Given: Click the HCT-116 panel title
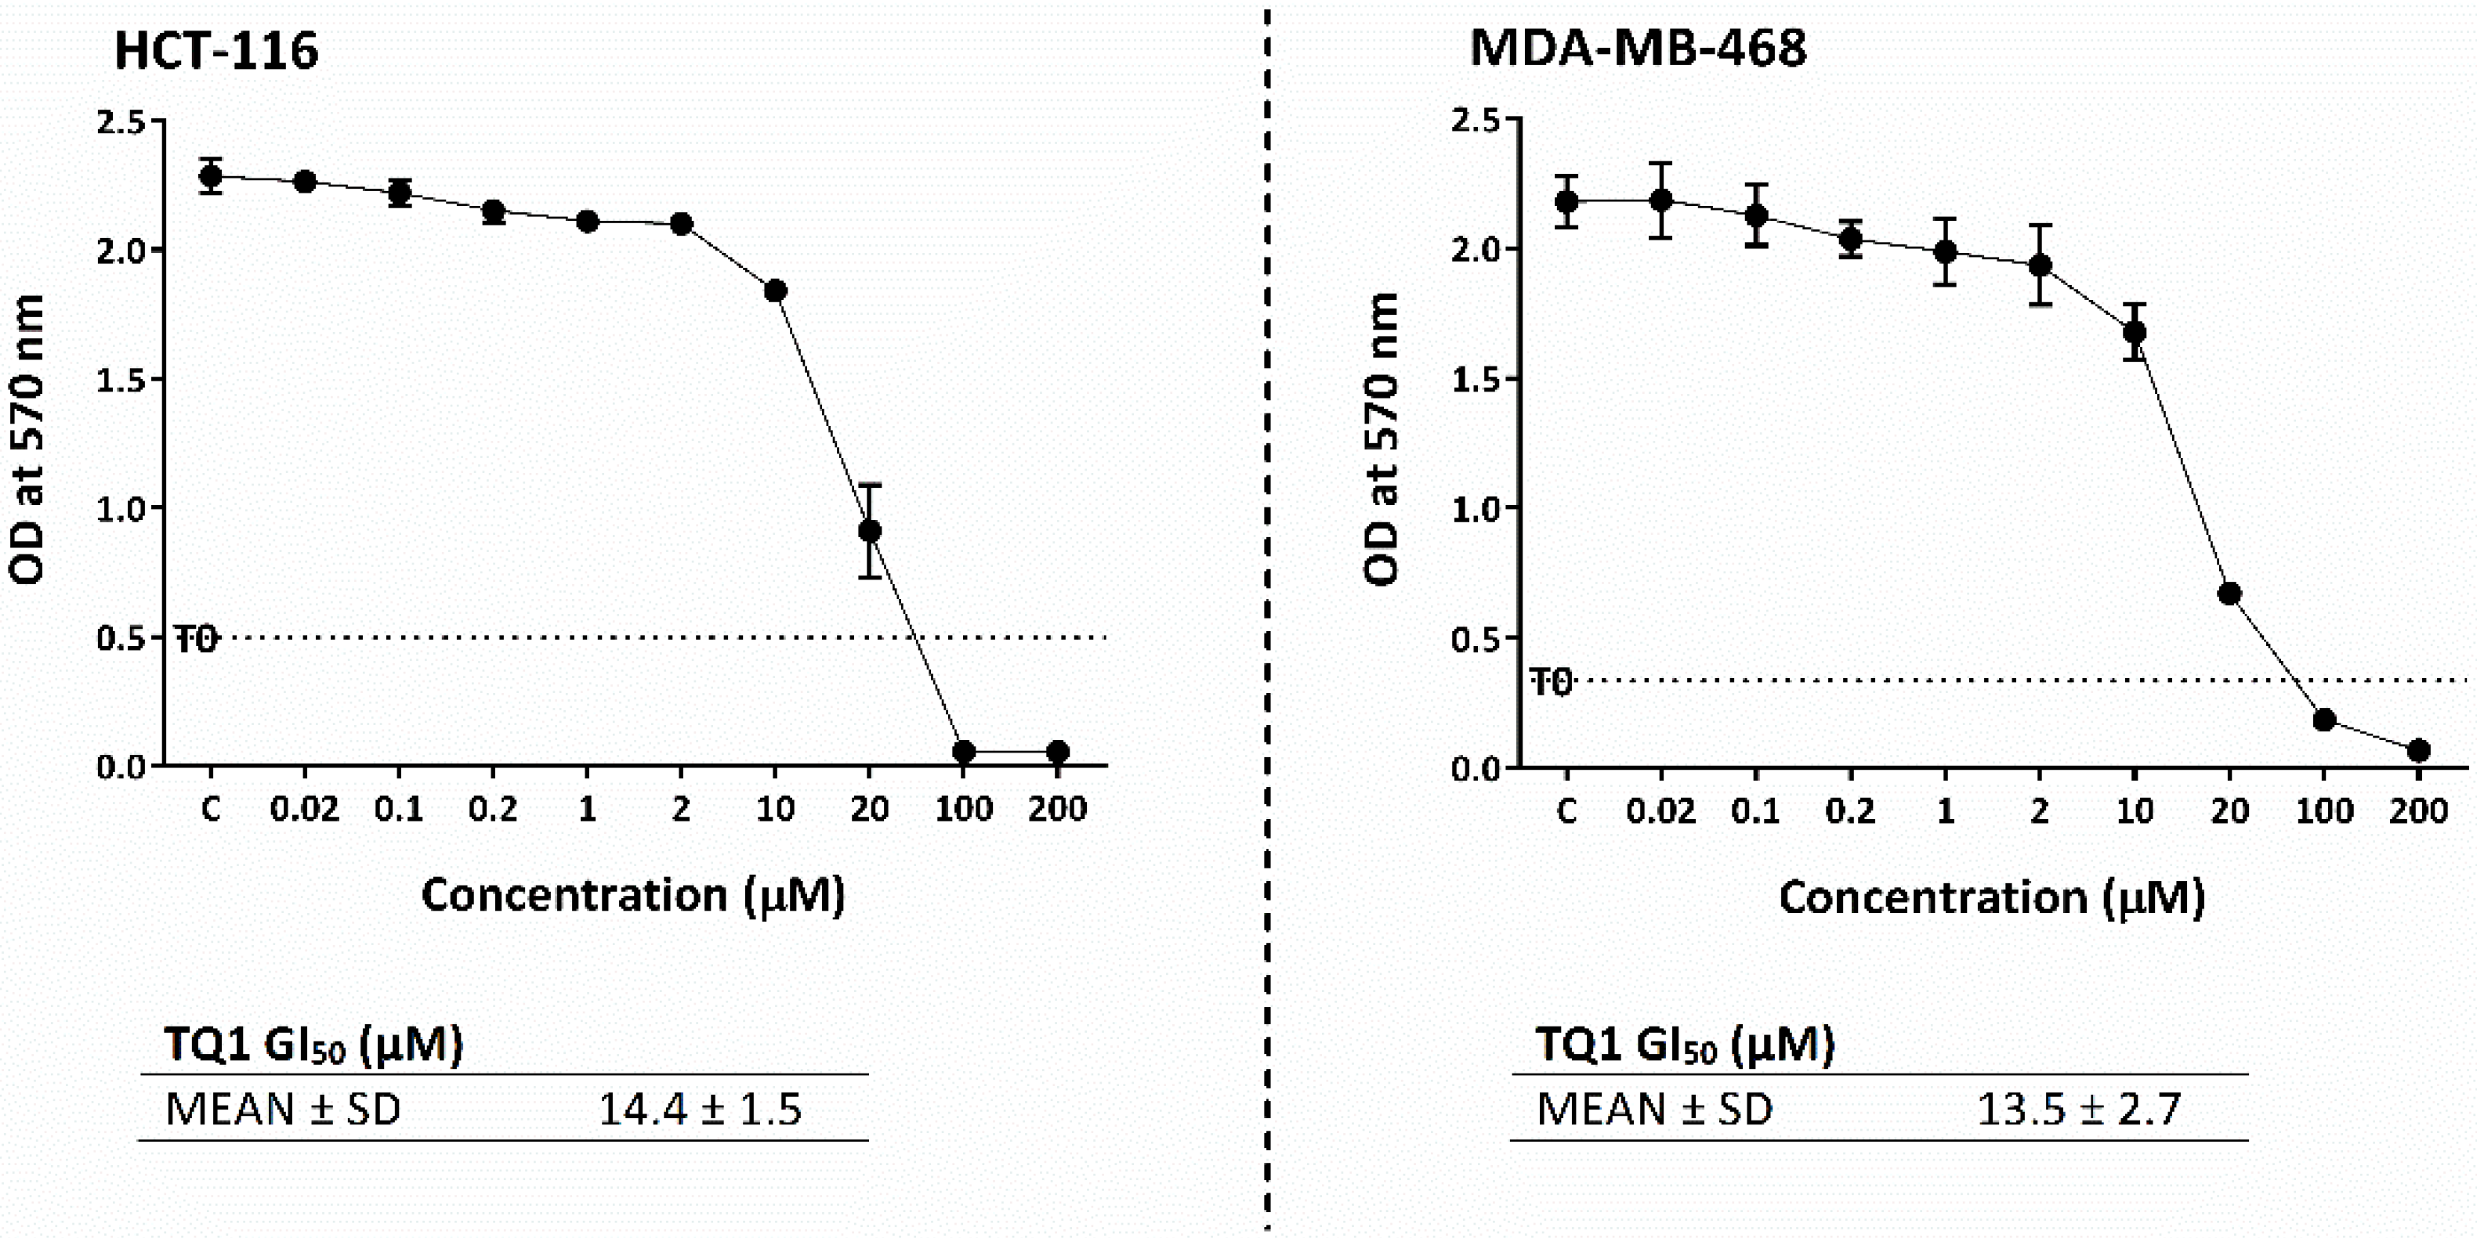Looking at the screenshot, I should point(215,51).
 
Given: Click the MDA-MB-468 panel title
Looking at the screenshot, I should point(1638,48).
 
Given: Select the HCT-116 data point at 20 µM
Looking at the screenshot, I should point(869,531).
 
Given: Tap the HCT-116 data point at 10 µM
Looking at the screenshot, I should point(775,291).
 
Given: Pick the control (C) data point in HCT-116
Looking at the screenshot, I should point(211,176).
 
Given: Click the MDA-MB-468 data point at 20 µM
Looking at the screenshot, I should point(2229,593).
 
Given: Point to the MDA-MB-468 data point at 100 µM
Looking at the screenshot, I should point(2324,719).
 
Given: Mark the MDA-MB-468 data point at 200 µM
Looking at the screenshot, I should point(2418,749).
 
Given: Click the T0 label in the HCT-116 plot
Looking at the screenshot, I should point(197,639).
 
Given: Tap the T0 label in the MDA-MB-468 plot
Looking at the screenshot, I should point(1550,683).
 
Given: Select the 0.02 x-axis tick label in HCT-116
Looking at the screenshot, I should point(304,810).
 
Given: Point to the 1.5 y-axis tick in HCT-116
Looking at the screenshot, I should point(120,380).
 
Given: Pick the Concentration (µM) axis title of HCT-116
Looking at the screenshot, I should point(632,896).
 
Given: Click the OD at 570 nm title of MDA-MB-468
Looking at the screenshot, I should point(1381,439).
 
